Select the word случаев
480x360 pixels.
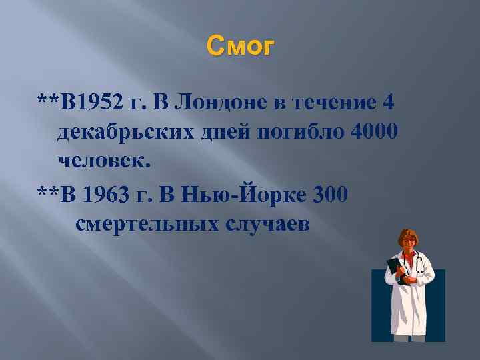tap(267, 223)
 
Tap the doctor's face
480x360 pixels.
tap(408, 242)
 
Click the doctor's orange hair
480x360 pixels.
tap(407, 233)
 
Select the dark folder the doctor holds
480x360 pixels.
tap(395, 271)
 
